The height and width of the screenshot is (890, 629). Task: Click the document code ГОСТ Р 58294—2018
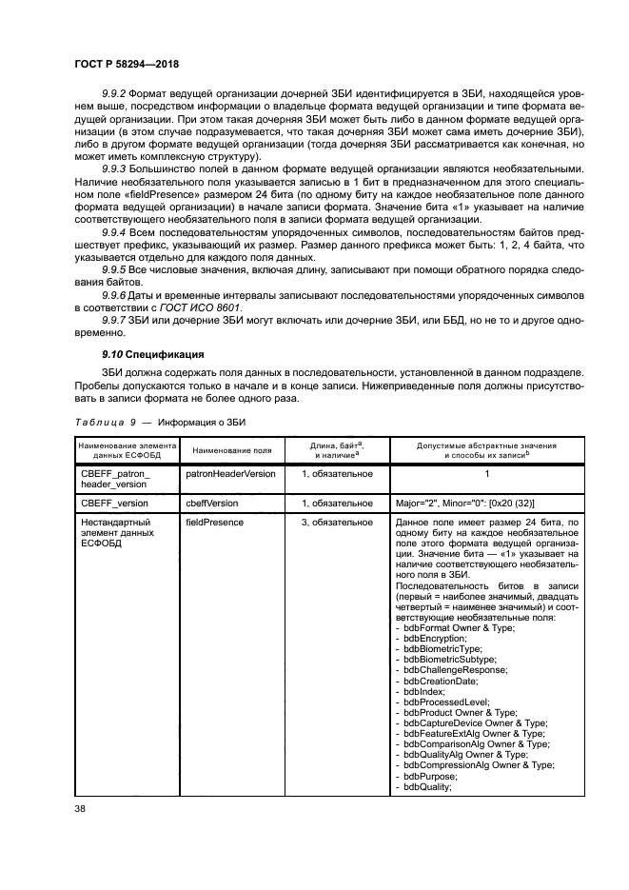tap(126, 63)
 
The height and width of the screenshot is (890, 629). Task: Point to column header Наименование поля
tap(229, 448)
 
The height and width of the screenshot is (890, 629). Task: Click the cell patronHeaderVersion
tap(230, 472)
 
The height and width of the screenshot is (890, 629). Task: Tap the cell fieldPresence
tap(214, 523)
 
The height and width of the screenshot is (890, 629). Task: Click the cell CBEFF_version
tap(115, 503)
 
